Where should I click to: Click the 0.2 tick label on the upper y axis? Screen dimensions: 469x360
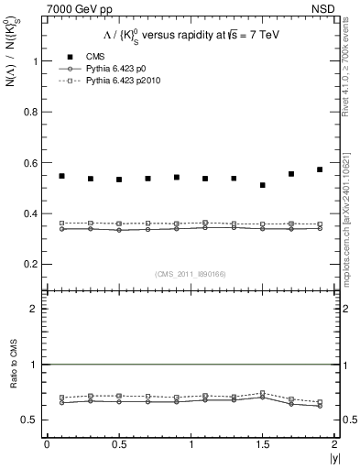pyautogui.click(x=36, y=265)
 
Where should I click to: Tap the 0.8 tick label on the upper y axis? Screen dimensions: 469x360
pyautogui.click(x=36, y=113)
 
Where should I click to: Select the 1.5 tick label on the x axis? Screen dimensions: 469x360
pyautogui.click(x=263, y=444)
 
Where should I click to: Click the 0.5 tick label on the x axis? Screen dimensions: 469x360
pyautogui.click(x=119, y=444)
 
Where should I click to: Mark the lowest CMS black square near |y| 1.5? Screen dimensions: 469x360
pyautogui.click(x=263, y=185)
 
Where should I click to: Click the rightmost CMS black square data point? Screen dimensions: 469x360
pyautogui.click(x=320, y=169)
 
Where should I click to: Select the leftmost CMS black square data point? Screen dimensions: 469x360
pyautogui.click(x=61, y=176)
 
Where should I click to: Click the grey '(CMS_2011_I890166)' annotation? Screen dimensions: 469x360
pyautogui.click(x=190, y=274)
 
